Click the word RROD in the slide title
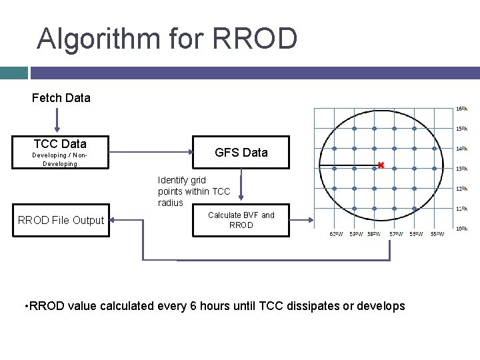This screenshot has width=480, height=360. [x=255, y=39]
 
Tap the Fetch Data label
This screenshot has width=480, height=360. [x=61, y=98]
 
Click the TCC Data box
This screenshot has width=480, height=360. [x=60, y=153]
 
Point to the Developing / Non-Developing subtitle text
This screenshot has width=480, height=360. [x=60, y=159]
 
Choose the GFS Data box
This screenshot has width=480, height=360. [x=241, y=153]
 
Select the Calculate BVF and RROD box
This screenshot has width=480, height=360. [x=241, y=220]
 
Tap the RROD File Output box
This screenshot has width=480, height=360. [x=61, y=220]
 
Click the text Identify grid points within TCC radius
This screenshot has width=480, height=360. [x=193, y=191]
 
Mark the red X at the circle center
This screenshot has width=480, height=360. [x=381, y=165]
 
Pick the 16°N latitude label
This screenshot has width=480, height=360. [x=461, y=109]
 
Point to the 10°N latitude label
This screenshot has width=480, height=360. [x=461, y=229]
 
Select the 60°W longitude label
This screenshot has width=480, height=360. [x=337, y=234]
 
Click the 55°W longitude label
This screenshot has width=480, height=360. [x=437, y=234]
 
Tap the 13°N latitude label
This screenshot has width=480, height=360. [x=461, y=169]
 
